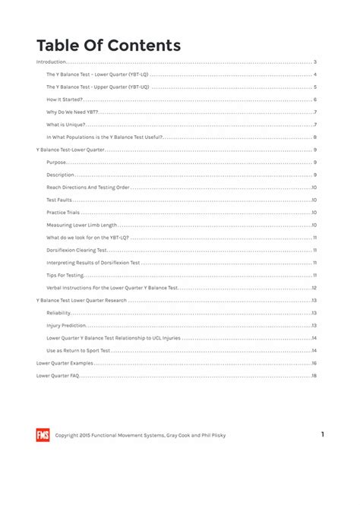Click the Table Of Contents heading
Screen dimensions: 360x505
tap(109, 45)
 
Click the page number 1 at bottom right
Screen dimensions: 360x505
tap(323, 434)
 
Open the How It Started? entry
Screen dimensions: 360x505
tap(65, 99)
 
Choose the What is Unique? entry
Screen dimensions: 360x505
tap(66, 125)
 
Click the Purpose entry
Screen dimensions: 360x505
tap(56, 163)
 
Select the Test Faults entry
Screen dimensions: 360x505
tap(59, 200)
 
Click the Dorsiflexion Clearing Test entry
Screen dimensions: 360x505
tap(76, 250)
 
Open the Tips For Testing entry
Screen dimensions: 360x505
tap(63, 275)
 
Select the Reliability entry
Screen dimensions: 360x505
tap(58, 313)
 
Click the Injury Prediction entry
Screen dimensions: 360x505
tap(66, 325)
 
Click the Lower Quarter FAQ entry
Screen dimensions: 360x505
tap(58, 375)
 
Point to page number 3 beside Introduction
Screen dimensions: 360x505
tap(314, 62)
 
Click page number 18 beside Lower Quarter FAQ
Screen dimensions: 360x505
tap(314, 375)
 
